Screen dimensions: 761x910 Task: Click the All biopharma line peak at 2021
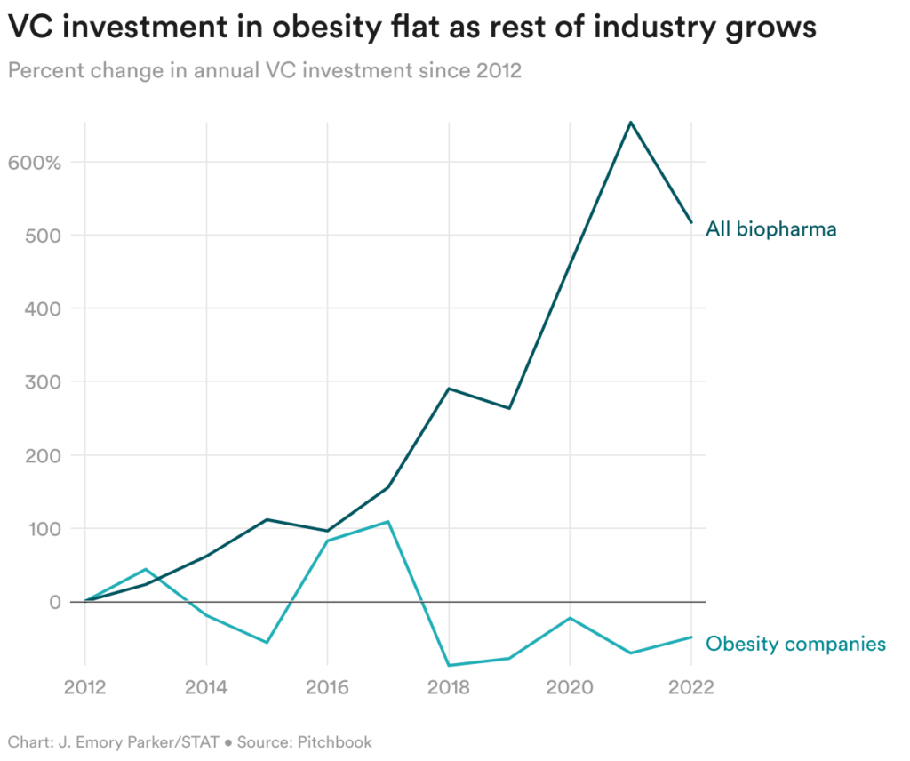tap(630, 123)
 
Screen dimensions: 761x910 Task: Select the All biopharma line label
tap(770, 229)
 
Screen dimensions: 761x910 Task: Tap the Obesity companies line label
tap(795, 643)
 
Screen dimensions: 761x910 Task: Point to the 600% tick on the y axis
tap(36, 163)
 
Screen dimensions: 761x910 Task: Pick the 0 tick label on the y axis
tap(53, 602)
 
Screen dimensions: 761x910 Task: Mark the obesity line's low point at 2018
tap(449, 665)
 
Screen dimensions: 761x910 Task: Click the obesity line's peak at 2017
tap(388, 522)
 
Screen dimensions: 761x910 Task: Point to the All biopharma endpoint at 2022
tap(690, 222)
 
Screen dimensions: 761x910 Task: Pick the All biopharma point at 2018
tap(449, 389)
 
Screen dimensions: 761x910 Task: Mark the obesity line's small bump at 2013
tap(146, 569)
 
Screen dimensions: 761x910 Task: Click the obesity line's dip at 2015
tap(267, 642)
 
